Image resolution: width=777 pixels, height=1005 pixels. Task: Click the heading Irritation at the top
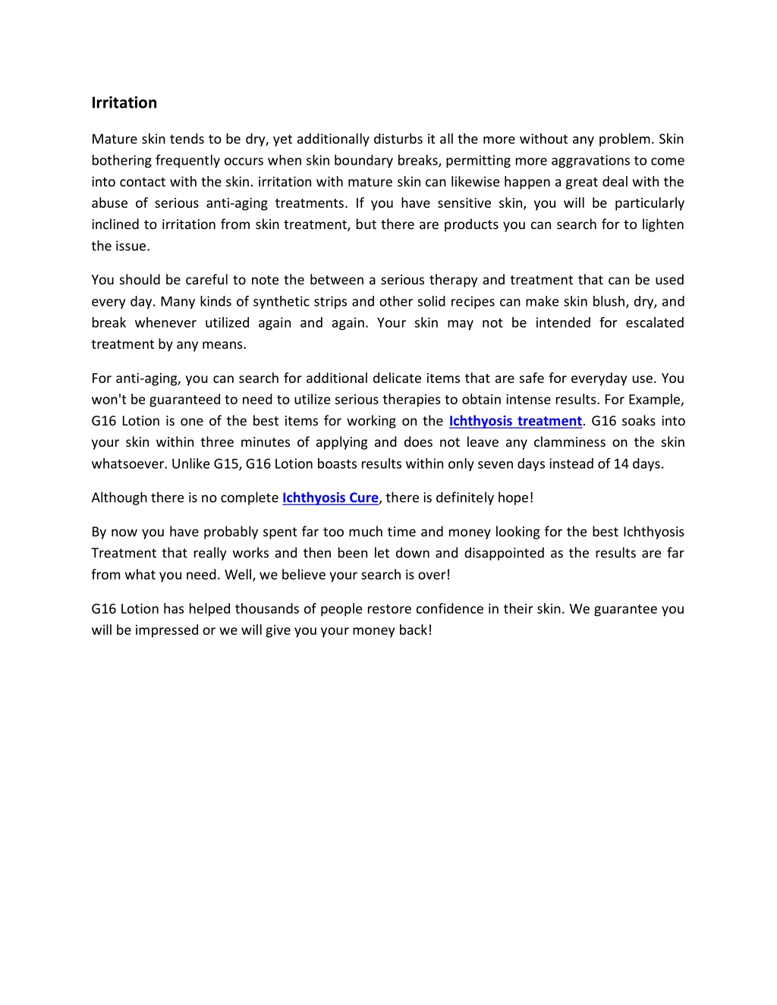(x=124, y=102)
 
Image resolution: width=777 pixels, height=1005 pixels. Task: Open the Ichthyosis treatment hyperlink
(x=515, y=421)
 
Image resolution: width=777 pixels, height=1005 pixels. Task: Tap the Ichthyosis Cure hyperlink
(x=330, y=498)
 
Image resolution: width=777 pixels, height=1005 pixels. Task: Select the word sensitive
(x=464, y=203)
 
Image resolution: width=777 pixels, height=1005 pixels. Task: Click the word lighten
(x=662, y=225)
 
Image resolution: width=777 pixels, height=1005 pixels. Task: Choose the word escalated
(x=655, y=322)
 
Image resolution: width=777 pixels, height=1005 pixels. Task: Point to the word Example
(x=656, y=400)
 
